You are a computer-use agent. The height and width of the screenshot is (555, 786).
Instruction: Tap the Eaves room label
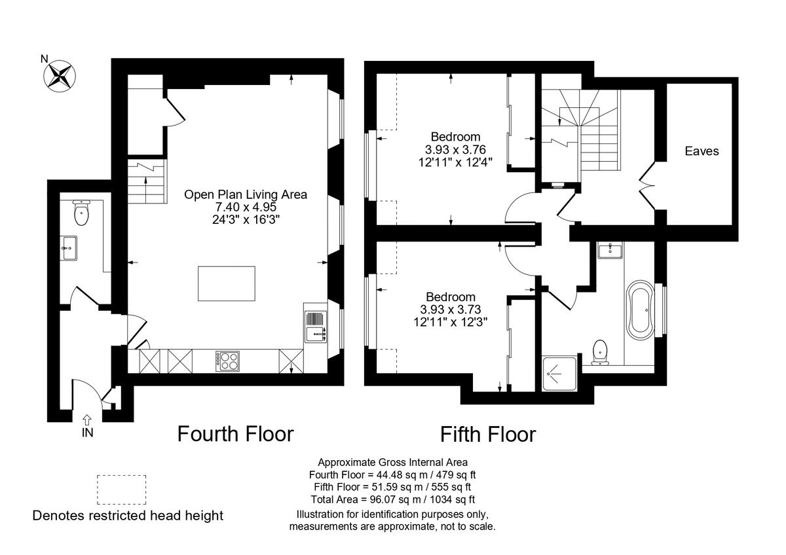click(x=702, y=151)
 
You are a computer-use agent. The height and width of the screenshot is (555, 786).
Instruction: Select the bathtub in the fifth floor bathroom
click(x=639, y=310)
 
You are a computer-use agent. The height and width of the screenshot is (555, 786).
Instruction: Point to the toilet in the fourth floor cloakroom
click(x=81, y=213)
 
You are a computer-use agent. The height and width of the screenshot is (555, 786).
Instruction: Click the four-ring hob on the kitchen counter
click(x=227, y=361)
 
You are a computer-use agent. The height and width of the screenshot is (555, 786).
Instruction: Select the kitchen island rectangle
click(x=227, y=283)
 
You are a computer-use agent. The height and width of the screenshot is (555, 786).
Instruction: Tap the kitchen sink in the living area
click(x=315, y=326)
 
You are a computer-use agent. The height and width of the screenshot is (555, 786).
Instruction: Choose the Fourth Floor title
click(x=235, y=433)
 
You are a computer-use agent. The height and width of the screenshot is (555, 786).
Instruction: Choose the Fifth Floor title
click(x=487, y=434)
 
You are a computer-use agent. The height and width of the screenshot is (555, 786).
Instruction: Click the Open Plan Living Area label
click(x=245, y=194)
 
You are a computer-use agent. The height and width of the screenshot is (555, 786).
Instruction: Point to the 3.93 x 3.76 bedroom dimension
click(x=455, y=149)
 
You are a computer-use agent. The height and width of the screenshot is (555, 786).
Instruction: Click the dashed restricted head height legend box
click(x=121, y=490)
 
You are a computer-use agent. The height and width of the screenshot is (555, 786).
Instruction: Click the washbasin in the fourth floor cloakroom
click(x=69, y=247)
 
